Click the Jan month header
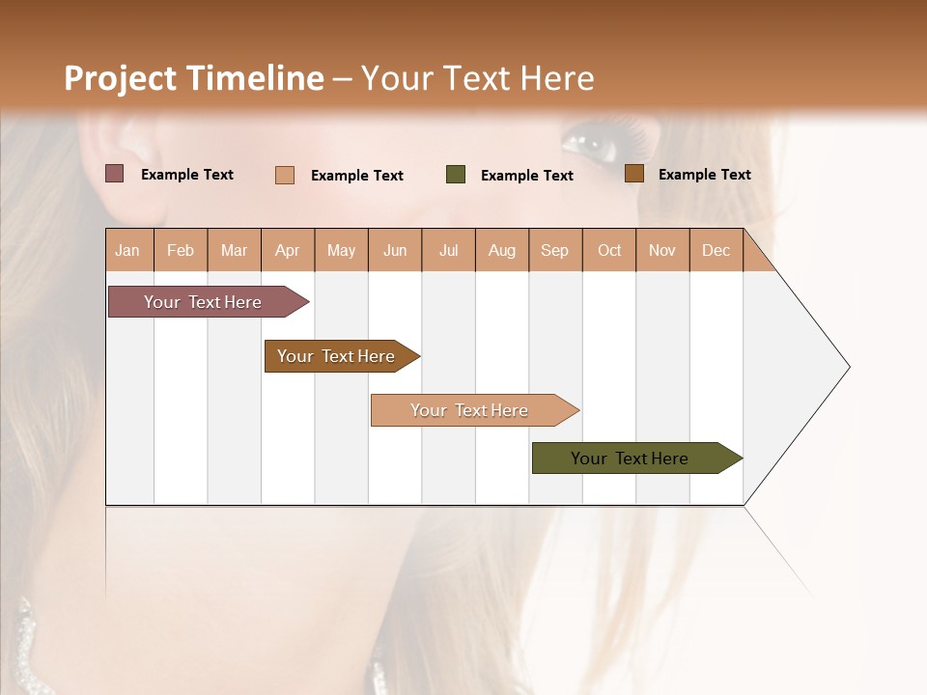[128, 250]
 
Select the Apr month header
[288, 250]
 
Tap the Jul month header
[448, 250]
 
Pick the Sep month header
[555, 250]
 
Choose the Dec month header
[716, 250]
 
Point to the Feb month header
[181, 250]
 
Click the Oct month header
[609, 250]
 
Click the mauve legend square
[115, 174]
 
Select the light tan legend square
[285, 175]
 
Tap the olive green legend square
[456, 175]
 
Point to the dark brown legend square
[634, 174]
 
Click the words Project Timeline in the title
[193, 78]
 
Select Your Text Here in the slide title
[477, 78]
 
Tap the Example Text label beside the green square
[526, 176]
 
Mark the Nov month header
[662, 250]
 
